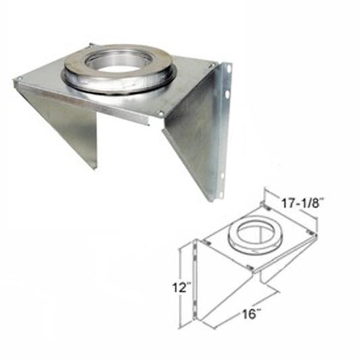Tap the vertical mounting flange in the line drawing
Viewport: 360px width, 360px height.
195,277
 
